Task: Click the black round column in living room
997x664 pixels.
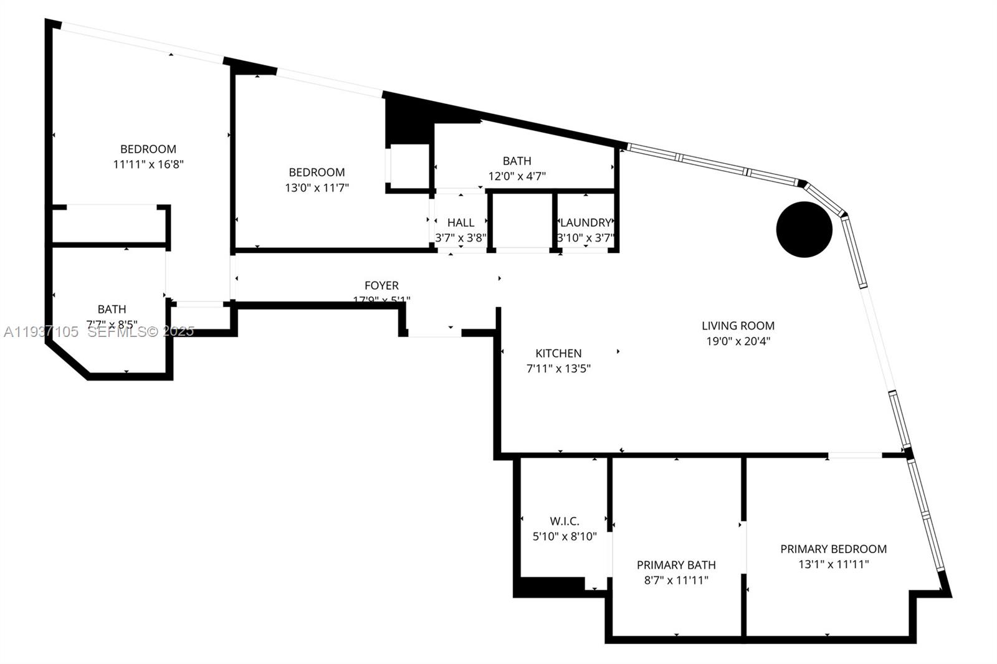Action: tap(804, 229)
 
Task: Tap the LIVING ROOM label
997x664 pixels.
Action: tap(738, 325)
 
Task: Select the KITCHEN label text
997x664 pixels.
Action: tap(558, 353)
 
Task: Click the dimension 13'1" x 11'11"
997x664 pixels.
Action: tap(833, 564)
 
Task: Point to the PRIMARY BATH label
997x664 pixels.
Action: tap(676, 565)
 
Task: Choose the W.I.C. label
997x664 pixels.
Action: tap(565, 521)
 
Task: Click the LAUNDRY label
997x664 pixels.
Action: tap(585, 222)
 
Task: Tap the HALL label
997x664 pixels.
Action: tap(460, 222)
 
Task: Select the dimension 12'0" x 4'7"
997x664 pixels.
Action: tap(517, 176)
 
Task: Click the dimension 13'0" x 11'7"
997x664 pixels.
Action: tap(317, 187)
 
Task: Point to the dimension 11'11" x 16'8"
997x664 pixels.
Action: tap(148, 164)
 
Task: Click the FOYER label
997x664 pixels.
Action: tap(381, 285)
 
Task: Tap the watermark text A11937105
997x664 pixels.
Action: tap(41, 332)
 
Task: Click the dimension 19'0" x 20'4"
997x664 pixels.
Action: tap(738, 341)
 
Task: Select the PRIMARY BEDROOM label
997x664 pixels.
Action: tap(833, 549)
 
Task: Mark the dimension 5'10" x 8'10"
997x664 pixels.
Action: tap(565, 536)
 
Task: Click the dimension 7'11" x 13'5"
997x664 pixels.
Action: tap(558, 368)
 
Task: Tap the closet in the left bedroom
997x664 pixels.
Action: tap(109, 225)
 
